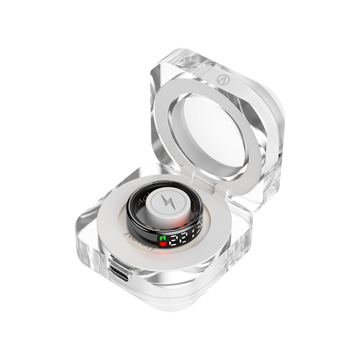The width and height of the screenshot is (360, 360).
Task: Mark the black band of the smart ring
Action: tap(135, 220)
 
